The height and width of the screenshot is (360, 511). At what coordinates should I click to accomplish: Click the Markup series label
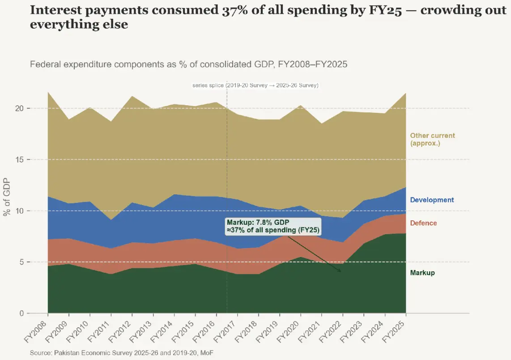tap(422, 273)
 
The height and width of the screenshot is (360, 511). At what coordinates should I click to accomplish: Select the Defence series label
tap(423, 223)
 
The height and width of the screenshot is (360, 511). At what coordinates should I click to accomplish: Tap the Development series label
tap(432, 200)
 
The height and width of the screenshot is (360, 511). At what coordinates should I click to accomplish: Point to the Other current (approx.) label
tap(432, 139)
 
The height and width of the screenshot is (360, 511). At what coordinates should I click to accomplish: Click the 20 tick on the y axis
tap(19, 108)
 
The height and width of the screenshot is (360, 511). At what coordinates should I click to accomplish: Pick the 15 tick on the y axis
tap(19, 159)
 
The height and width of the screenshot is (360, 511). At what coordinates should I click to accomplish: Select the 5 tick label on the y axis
tap(21, 262)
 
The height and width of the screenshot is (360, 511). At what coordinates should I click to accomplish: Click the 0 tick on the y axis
tap(21, 313)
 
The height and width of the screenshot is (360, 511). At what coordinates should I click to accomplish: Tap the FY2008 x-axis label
tap(36, 331)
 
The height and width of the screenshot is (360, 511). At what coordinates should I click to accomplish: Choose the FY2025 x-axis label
tap(394, 331)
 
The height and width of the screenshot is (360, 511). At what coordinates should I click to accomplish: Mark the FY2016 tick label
tap(204, 331)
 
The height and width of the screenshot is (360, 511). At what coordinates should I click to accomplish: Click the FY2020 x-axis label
tap(289, 331)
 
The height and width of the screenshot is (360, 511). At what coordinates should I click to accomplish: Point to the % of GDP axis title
tap(7, 197)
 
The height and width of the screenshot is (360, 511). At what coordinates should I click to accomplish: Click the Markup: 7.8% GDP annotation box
tap(273, 226)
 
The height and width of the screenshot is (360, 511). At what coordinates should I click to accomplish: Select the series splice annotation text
tap(255, 86)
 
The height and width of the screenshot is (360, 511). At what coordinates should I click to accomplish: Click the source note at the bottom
tap(122, 353)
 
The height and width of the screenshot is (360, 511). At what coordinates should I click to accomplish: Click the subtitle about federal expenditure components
tap(189, 64)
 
